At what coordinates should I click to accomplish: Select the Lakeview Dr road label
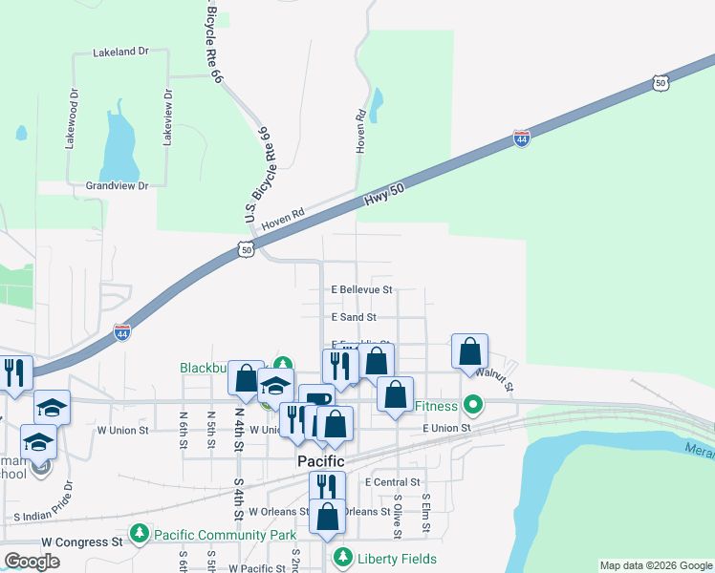(167, 118)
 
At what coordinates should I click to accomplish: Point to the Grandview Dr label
(117, 186)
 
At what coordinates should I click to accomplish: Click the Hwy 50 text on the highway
(385, 198)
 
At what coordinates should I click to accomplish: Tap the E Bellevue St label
(361, 288)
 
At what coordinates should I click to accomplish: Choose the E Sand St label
(354, 317)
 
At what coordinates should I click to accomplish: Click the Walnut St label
(496, 380)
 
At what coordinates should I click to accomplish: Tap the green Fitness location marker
(471, 405)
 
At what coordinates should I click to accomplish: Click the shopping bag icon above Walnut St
(470, 351)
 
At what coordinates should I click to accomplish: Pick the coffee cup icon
(316, 398)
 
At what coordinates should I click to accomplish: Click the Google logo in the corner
(32, 562)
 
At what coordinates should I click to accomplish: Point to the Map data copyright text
(655, 565)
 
